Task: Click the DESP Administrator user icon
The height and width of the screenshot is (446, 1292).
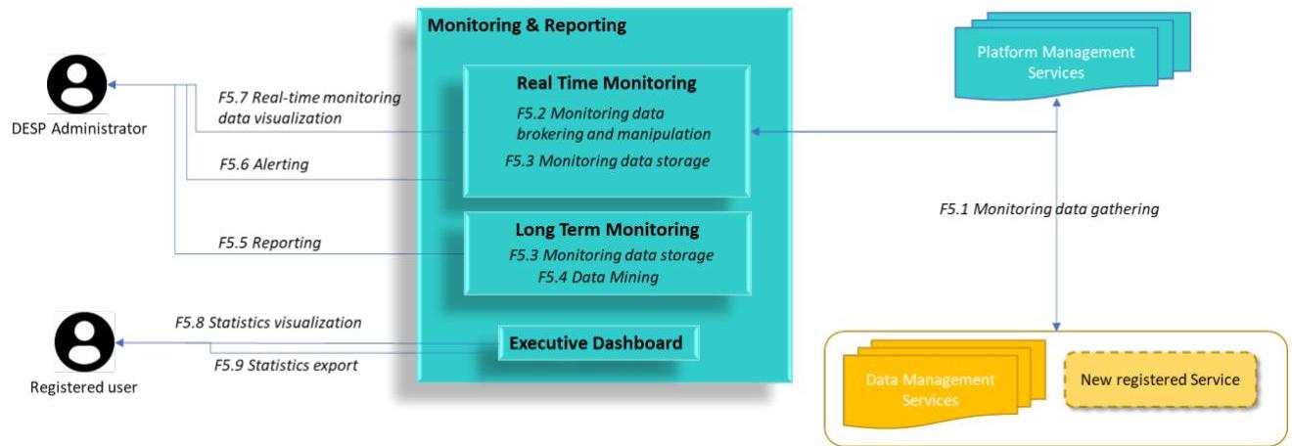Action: (x=76, y=84)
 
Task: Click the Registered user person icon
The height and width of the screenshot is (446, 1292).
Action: (x=84, y=341)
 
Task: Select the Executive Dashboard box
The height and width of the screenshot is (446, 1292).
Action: (x=598, y=343)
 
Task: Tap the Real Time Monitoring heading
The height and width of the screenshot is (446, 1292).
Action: (x=606, y=83)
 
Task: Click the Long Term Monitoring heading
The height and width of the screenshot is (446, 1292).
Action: (x=607, y=229)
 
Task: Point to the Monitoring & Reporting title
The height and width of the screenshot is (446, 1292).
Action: (x=527, y=25)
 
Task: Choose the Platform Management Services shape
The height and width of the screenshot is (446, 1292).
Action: (x=1072, y=57)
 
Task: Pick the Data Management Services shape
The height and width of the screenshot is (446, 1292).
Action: (x=944, y=383)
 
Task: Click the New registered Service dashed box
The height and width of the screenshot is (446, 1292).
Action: (x=1160, y=379)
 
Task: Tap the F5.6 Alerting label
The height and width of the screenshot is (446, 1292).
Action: (x=263, y=164)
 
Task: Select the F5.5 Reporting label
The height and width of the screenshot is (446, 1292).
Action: (x=269, y=243)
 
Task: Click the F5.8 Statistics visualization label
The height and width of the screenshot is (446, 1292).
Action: (x=268, y=322)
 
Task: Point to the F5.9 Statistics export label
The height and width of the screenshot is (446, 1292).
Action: (x=286, y=366)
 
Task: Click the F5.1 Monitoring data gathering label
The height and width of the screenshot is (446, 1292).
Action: (x=1048, y=208)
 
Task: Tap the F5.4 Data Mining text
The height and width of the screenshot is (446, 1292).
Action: (x=598, y=277)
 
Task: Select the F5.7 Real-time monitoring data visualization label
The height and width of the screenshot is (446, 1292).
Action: (x=309, y=108)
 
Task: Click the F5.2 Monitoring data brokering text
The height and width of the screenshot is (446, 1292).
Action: (x=613, y=124)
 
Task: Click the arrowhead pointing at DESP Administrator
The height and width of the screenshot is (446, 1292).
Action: (x=112, y=85)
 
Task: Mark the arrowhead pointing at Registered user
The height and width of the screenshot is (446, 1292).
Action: (x=119, y=343)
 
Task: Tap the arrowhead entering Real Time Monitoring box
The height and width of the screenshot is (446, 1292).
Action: (x=756, y=132)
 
